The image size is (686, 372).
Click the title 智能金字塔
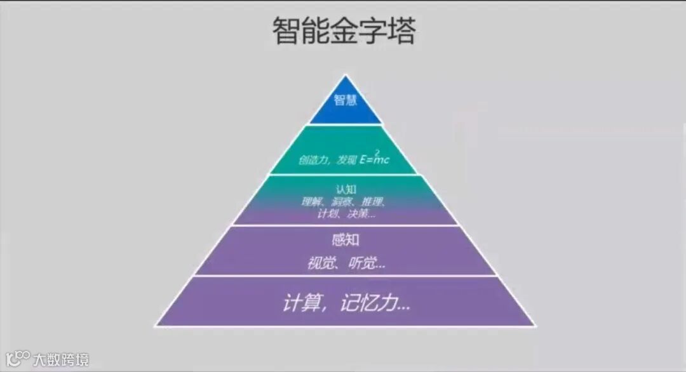point(344,31)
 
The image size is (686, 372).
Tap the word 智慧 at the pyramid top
point(346,100)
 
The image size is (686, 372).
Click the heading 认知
point(344,190)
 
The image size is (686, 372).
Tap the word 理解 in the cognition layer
point(313,203)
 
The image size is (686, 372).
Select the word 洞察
point(344,203)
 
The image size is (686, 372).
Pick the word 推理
point(374,203)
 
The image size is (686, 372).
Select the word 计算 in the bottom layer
point(299,303)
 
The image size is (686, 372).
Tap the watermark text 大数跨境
point(62,359)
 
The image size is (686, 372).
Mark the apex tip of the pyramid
point(346,76)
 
